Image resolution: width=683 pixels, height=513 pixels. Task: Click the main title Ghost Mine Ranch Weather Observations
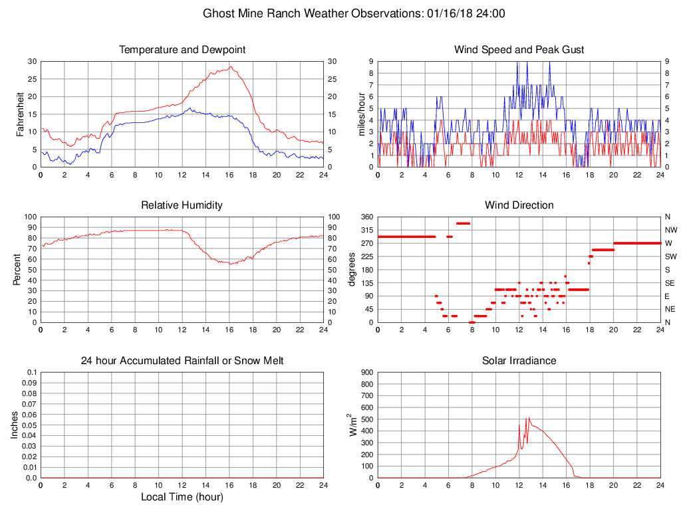pos(353,13)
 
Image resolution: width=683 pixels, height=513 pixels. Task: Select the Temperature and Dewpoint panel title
pos(182,50)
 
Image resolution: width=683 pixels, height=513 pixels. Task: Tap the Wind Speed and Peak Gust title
pos(519,50)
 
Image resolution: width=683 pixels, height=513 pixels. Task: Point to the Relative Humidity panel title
pos(182,205)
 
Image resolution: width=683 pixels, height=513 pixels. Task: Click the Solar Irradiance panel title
pos(519,361)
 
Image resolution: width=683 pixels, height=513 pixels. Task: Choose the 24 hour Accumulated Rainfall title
pos(182,361)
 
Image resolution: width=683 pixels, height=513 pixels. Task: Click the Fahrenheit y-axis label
pos(20,114)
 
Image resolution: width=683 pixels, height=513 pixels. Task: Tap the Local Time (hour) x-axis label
pos(182,497)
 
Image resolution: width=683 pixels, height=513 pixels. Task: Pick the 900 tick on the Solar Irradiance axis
pos(366,372)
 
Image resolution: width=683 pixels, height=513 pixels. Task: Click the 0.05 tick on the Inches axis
pos(28,425)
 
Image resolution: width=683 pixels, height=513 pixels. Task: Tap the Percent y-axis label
pos(18,269)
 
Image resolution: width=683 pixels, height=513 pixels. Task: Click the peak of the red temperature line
pos(231,66)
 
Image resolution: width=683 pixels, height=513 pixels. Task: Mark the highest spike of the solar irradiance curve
pos(529,418)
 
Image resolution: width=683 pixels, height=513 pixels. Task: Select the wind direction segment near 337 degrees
pos(463,223)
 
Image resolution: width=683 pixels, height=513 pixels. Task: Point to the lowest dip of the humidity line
pos(229,264)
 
